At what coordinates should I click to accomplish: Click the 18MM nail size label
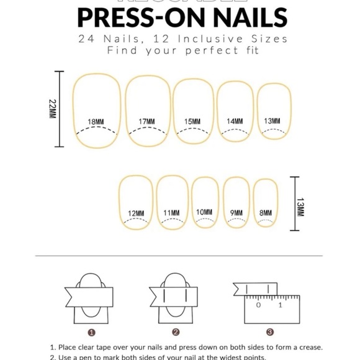pos(96,122)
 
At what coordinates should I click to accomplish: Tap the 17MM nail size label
pos(147,122)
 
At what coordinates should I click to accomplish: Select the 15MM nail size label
pos(192,122)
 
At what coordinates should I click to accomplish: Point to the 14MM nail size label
pos(235,121)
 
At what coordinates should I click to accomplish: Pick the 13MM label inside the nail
pos(272,120)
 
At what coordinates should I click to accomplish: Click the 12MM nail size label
pos(136,214)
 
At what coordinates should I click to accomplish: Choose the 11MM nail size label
pos(172,214)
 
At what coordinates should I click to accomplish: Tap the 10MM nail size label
pos(204,212)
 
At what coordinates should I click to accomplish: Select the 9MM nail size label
pos(236,212)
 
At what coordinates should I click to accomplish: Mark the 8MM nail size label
pos(266,212)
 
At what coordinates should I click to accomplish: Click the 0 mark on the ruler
pos(259,305)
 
